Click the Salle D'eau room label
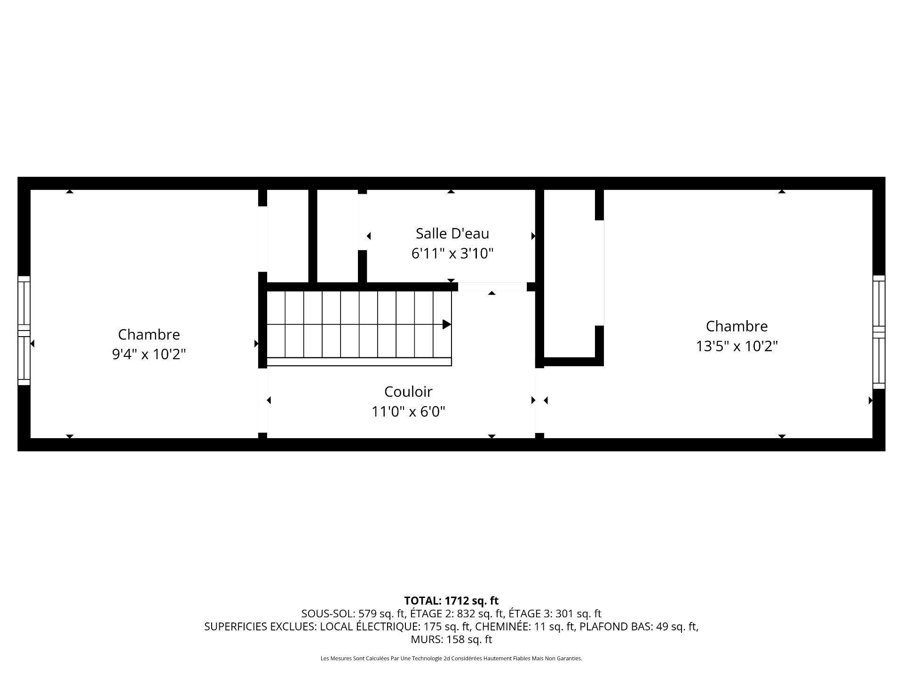pyautogui.click(x=452, y=233)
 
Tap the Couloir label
pyautogui.click(x=408, y=392)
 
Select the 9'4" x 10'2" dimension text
pyautogui.click(x=149, y=354)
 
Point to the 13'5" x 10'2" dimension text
pyautogui.click(x=737, y=346)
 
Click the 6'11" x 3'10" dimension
pyautogui.click(x=452, y=254)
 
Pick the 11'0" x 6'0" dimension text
pyautogui.click(x=408, y=412)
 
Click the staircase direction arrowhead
pyautogui.click(x=447, y=324)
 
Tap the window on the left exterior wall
pyautogui.click(x=24, y=331)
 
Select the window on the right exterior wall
pyautogui.click(x=879, y=332)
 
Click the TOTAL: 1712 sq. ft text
pyautogui.click(x=451, y=600)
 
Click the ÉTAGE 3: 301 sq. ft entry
pyautogui.click(x=555, y=614)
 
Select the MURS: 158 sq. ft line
pyautogui.click(x=451, y=639)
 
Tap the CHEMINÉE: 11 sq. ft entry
pyautogui.click(x=525, y=627)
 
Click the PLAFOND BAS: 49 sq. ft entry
pyautogui.click(x=638, y=627)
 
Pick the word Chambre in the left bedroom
pyautogui.click(x=149, y=334)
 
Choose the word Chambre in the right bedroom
pyautogui.click(x=737, y=326)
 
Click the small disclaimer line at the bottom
pyautogui.click(x=451, y=659)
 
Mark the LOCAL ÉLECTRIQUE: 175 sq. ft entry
pyautogui.click(x=396, y=627)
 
